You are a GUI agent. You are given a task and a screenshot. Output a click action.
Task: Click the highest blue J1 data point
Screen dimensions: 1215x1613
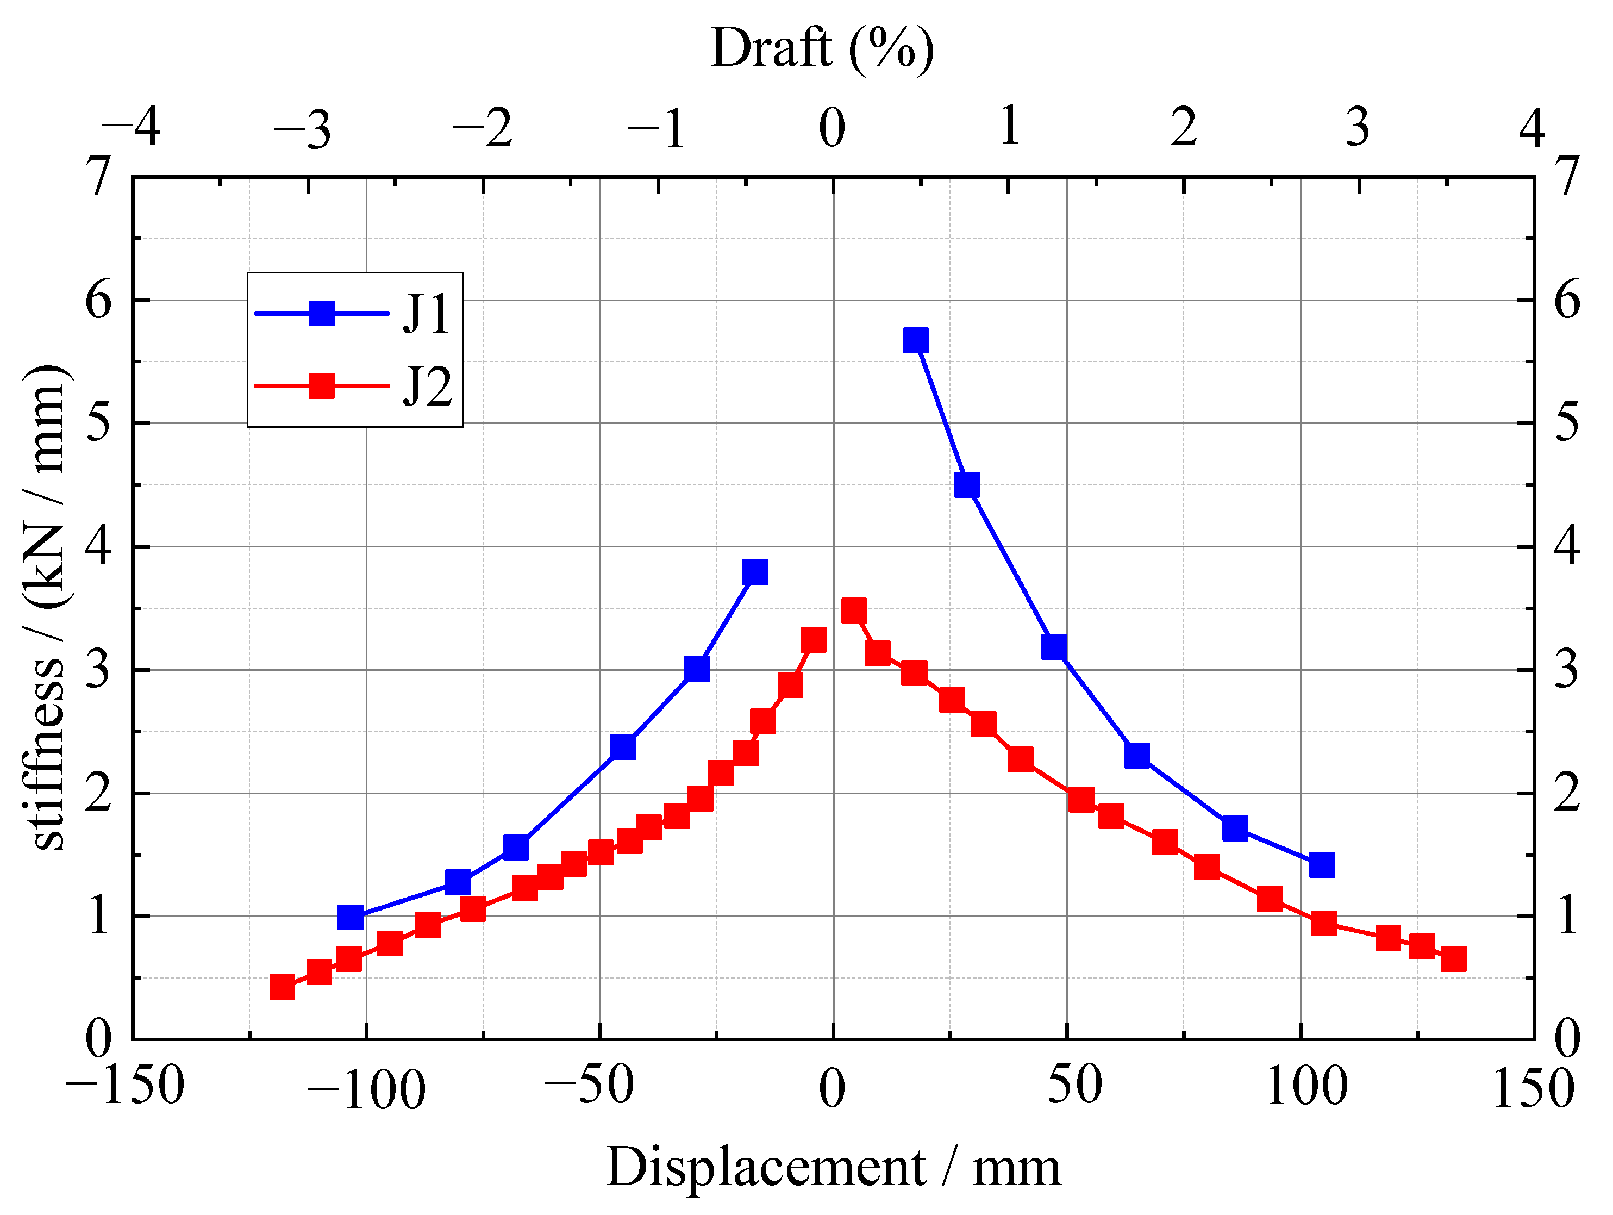tap(915, 340)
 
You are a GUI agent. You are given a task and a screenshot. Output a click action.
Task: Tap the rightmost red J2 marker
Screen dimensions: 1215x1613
tap(1453, 959)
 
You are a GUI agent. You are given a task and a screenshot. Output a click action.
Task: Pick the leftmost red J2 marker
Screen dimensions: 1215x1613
tap(282, 987)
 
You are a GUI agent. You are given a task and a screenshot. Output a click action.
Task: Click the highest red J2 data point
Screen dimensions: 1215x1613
tap(854, 610)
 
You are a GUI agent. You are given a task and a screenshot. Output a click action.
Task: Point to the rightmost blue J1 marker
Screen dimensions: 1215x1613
tap(1321, 865)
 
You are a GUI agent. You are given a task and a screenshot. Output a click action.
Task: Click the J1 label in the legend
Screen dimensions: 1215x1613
tap(427, 314)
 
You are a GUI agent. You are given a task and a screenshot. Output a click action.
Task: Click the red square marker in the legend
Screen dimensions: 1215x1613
tap(322, 386)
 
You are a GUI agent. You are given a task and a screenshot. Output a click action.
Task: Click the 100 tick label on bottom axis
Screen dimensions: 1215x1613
tap(1306, 1087)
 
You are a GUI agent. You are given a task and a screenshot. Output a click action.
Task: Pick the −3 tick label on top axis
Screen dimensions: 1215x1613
tap(302, 130)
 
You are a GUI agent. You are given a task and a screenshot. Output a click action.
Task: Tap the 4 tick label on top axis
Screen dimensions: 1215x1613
tap(1531, 128)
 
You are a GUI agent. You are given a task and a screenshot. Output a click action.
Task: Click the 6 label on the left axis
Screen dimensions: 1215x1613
tap(98, 300)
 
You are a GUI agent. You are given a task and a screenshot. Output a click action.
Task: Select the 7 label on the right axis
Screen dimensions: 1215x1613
tap(1567, 177)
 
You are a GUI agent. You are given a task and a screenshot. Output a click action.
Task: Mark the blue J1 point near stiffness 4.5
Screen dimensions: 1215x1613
tap(967, 484)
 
